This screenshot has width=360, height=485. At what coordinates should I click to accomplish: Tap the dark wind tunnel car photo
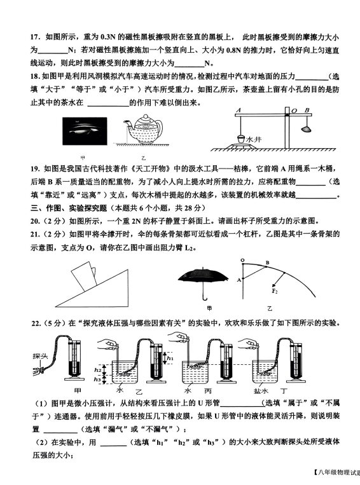coord(85,131)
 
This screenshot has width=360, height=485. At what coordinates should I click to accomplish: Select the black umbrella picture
coord(203,283)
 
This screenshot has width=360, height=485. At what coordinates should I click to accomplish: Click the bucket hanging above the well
coord(241,139)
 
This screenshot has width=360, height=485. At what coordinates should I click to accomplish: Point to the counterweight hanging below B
coord(305,128)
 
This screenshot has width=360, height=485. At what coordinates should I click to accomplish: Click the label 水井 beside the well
coord(254,140)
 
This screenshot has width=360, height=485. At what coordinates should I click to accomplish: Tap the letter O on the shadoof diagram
coord(294,111)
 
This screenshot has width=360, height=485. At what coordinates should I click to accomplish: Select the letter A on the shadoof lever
coord(239,110)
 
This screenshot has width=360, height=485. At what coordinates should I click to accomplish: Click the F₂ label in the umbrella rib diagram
coord(274,291)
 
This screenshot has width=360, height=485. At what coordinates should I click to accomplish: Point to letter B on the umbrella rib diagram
coord(267,263)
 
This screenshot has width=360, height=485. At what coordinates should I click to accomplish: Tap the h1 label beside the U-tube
coord(170,358)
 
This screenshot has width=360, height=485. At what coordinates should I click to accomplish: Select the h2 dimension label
coord(98,370)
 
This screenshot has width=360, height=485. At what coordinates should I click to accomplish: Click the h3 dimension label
coord(98,379)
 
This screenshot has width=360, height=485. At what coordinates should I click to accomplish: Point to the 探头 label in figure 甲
coord(40,356)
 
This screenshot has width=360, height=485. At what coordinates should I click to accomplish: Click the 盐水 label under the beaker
coord(261,391)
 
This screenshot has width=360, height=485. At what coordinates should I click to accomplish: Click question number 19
coord(35,169)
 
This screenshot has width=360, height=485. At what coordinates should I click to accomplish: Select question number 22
coord(36,324)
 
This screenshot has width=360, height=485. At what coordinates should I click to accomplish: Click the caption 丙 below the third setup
coord(208,391)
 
